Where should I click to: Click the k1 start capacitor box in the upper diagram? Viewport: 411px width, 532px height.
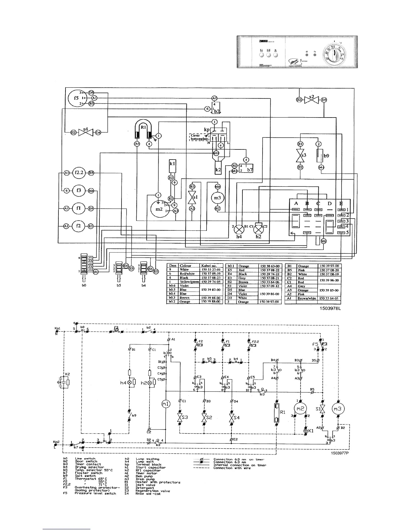coord(172,166)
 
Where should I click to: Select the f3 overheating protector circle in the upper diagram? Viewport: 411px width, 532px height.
coord(79,190)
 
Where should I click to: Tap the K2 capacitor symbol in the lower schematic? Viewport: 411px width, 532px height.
coord(66,382)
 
